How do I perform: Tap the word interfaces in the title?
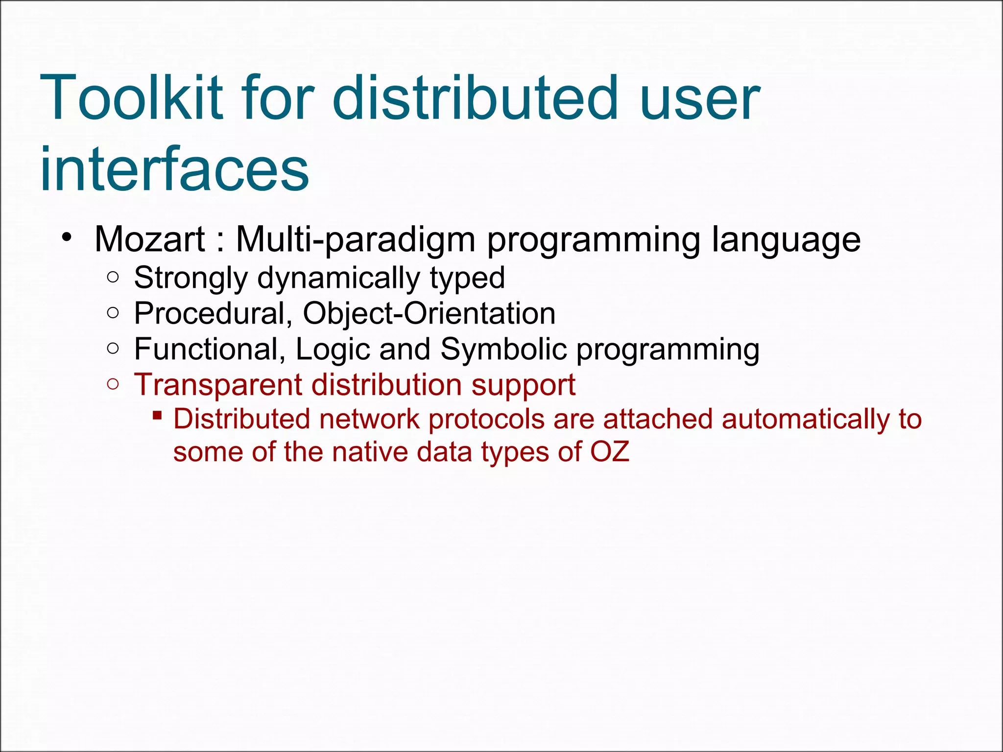pos(174,169)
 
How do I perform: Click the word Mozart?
pos(149,239)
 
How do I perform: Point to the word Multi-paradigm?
pos(356,239)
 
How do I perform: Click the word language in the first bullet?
pos(786,239)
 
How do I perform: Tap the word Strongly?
pos(191,278)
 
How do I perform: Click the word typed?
pos(467,278)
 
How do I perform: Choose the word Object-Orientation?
pos(429,313)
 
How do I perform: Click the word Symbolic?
pos(503,349)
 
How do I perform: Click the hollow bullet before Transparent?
pos(113,384)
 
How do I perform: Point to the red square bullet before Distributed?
pos(157,416)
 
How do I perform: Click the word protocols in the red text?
pos(487,420)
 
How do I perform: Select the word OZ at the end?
pos(610,451)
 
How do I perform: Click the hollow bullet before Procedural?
pos(113,313)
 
